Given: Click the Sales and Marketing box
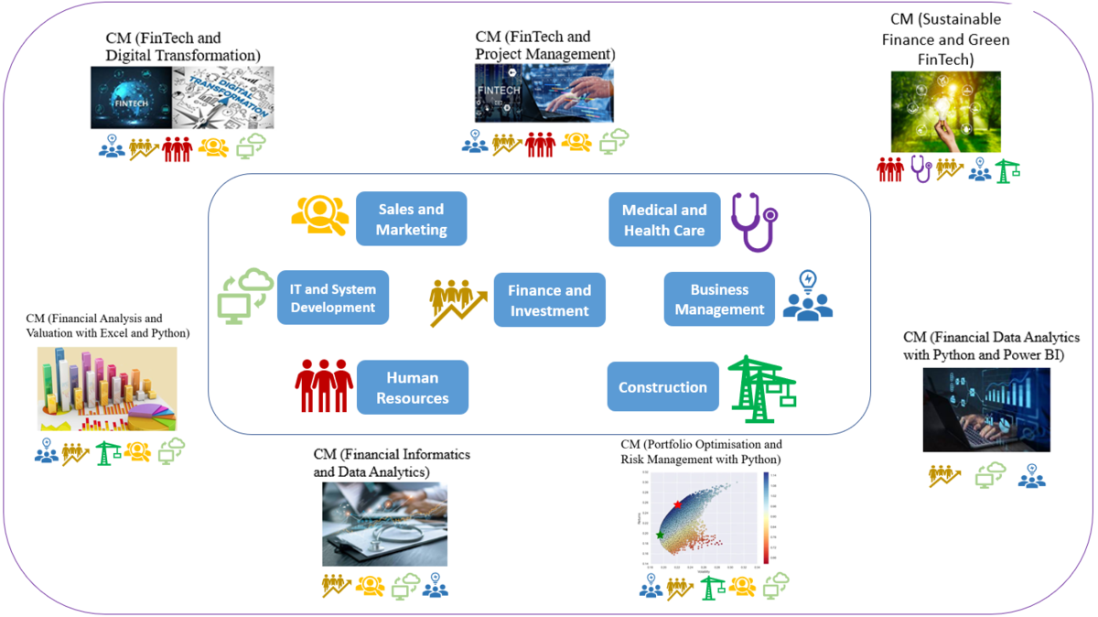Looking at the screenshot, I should point(411,219).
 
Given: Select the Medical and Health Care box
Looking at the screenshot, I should point(664,221).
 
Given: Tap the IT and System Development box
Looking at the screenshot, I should point(333,298).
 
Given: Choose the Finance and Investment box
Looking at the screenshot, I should point(549,299).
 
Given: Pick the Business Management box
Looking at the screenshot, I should point(719,298).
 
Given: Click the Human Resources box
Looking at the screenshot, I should point(412,387).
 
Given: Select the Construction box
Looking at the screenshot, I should point(662,387).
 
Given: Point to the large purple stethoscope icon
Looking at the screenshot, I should point(753,221).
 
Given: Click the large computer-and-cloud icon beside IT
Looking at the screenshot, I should point(244,296).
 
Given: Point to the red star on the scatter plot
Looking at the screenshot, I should point(677,504).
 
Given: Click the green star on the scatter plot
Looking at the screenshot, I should point(660,535).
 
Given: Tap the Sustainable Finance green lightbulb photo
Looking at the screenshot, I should point(945,112).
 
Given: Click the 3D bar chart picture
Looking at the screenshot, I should point(107,389).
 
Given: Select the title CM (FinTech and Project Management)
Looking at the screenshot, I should point(544,46).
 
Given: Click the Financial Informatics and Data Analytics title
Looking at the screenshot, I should point(392,462).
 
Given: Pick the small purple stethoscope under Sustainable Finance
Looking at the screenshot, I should point(920,168).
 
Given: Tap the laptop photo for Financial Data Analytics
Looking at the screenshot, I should point(985,409).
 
